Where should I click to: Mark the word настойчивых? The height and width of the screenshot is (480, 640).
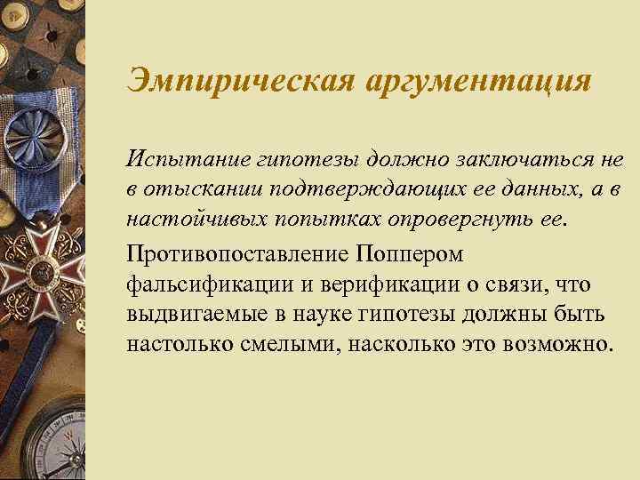click(x=189, y=218)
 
